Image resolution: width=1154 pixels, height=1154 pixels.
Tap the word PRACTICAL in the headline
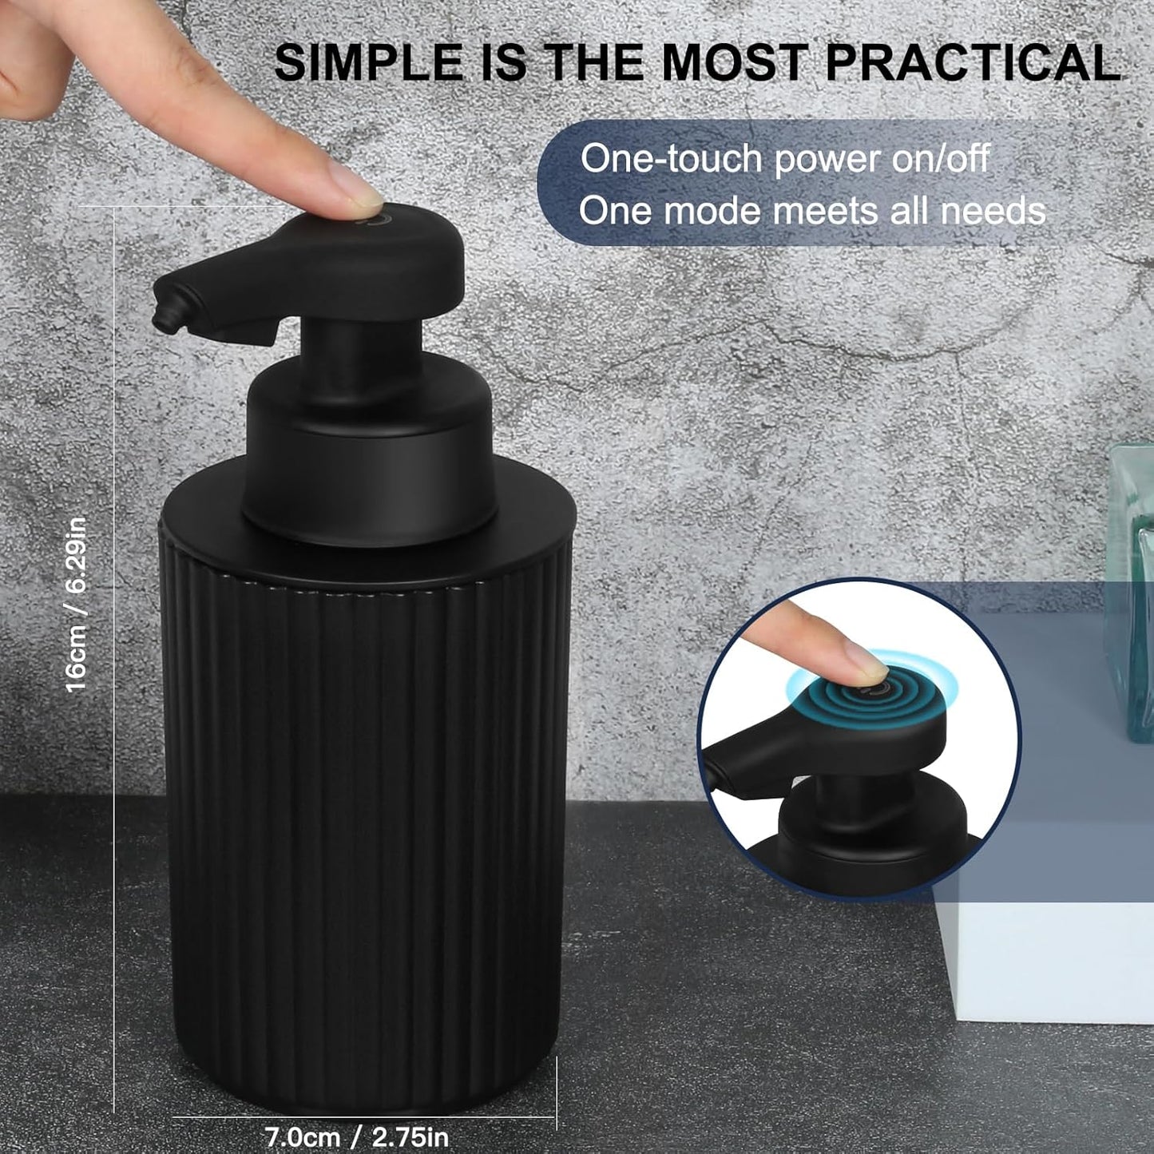[973, 62]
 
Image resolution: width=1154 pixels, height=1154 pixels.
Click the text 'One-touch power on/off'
[784, 158]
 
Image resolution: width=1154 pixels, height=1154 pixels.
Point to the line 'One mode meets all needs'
[811, 211]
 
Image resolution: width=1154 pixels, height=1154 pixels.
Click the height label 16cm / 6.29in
[76, 604]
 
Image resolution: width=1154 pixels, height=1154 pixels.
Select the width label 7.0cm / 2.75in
[356, 1136]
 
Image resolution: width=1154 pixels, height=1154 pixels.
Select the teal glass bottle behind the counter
[1129, 591]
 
